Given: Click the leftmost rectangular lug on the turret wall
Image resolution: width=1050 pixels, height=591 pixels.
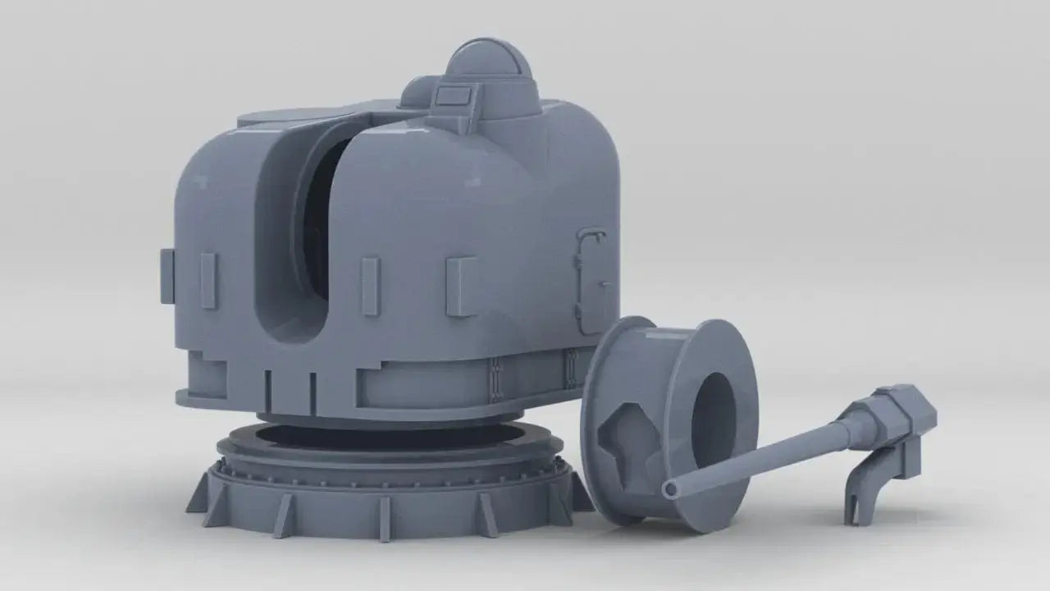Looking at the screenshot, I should pos(167,276).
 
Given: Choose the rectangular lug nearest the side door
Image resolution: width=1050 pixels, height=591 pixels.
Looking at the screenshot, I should pos(463,286).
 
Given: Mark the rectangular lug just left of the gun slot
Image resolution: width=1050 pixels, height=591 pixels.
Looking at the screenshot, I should pos(208,281).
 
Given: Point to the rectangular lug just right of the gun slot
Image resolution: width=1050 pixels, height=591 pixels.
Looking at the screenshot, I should pos(371,286).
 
